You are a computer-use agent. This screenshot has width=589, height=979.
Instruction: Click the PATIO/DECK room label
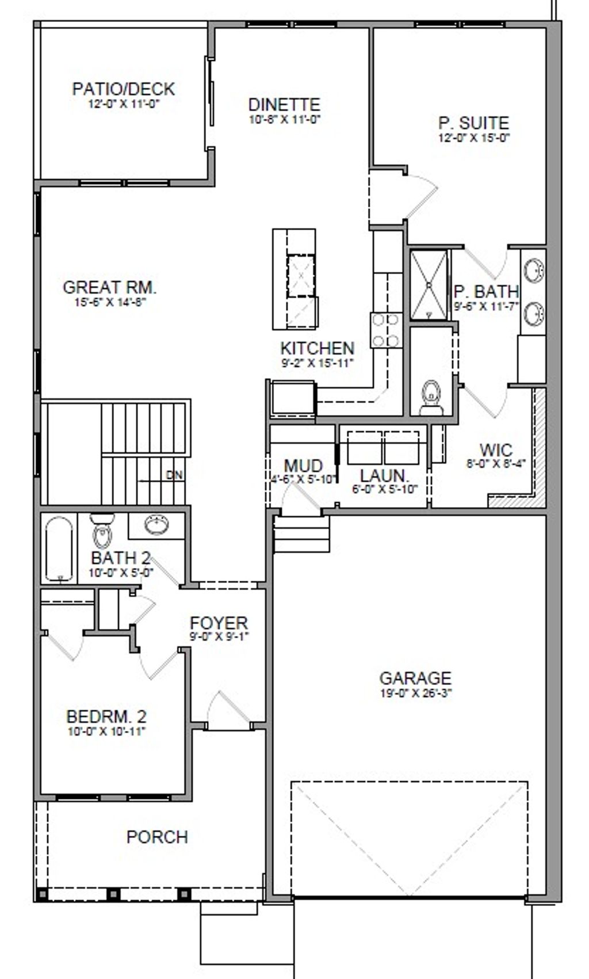click(123, 89)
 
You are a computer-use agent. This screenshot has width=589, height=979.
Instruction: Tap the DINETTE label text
click(284, 105)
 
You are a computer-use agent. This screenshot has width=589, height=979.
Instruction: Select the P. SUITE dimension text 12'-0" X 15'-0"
click(474, 138)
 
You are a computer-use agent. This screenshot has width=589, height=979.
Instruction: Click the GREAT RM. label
click(109, 287)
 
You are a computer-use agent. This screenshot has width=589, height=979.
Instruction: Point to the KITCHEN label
click(317, 348)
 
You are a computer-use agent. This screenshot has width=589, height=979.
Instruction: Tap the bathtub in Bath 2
click(59, 548)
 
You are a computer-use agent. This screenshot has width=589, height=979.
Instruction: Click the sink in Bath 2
click(156, 525)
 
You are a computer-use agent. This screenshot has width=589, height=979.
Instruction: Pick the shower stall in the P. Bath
click(429, 285)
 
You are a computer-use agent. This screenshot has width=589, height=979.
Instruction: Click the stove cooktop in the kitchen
click(386, 330)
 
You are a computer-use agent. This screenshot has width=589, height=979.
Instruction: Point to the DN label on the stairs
click(174, 475)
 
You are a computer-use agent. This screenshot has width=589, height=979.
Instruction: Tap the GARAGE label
click(415, 678)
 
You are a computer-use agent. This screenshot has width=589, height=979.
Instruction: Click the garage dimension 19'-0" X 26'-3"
click(415, 693)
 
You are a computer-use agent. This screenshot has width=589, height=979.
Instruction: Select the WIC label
click(495, 449)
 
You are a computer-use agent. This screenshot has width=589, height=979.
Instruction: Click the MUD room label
click(303, 465)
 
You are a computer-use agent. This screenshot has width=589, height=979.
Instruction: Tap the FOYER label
click(219, 623)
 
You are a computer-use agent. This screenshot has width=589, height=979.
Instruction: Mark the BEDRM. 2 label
click(107, 717)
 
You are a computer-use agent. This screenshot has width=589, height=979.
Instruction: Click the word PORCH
click(157, 836)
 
